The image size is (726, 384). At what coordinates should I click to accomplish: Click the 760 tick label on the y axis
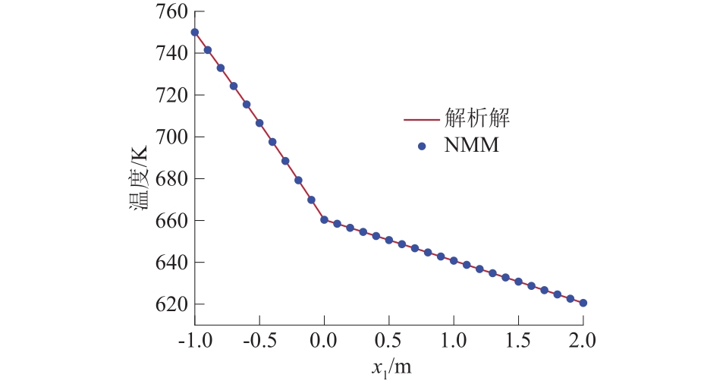(x=171, y=12)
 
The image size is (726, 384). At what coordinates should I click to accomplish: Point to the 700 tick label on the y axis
(x=171, y=137)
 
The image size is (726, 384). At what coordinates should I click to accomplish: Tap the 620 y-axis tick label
(x=171, y=304)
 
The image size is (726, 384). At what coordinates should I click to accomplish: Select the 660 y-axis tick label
(x=171, y=221)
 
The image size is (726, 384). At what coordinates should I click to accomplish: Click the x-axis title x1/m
(x=391, y=367)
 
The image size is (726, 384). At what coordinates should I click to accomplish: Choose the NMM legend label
(x=471, y=146)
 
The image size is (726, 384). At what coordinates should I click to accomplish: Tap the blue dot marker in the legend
(x=422, y=146)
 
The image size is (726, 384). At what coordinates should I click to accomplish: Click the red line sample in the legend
(x=422, y=120)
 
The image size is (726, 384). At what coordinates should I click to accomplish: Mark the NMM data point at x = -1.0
(x=195, y=33)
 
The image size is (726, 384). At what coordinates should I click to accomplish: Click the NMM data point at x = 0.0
(x=324, y=220)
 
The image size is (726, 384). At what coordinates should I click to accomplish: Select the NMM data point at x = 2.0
(x=583, y=303)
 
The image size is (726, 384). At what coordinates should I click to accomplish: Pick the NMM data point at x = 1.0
(x=454, y=261)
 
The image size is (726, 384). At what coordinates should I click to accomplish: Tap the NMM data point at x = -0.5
(x=259, y=123)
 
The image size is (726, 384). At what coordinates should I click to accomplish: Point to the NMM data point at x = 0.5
(x=388, y=240)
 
